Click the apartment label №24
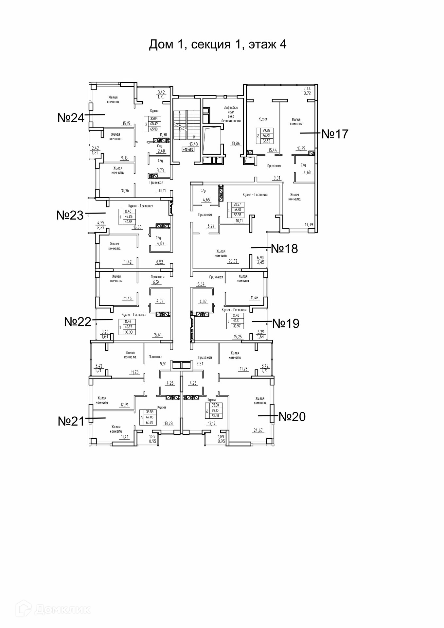tap(71, 118)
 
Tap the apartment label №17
tap(335, 134)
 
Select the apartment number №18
tap(284, 249)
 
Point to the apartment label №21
tap(71, 421)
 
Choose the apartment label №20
tap(292, 417)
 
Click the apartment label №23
tap(70, 215)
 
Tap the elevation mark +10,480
tap(188, 149)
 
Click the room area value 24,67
tap(258, 430)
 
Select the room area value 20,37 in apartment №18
tap(233, 261)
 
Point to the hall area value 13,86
tap(236, 144)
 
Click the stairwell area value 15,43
tap(194, 144)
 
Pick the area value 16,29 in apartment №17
tap(301, 148)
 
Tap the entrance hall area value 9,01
tap(277, 178)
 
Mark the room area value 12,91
tap(124, 405)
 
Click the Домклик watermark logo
tap(57, 609)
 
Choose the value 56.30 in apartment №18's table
tap(238, 210)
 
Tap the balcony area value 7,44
tap(307, 88)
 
